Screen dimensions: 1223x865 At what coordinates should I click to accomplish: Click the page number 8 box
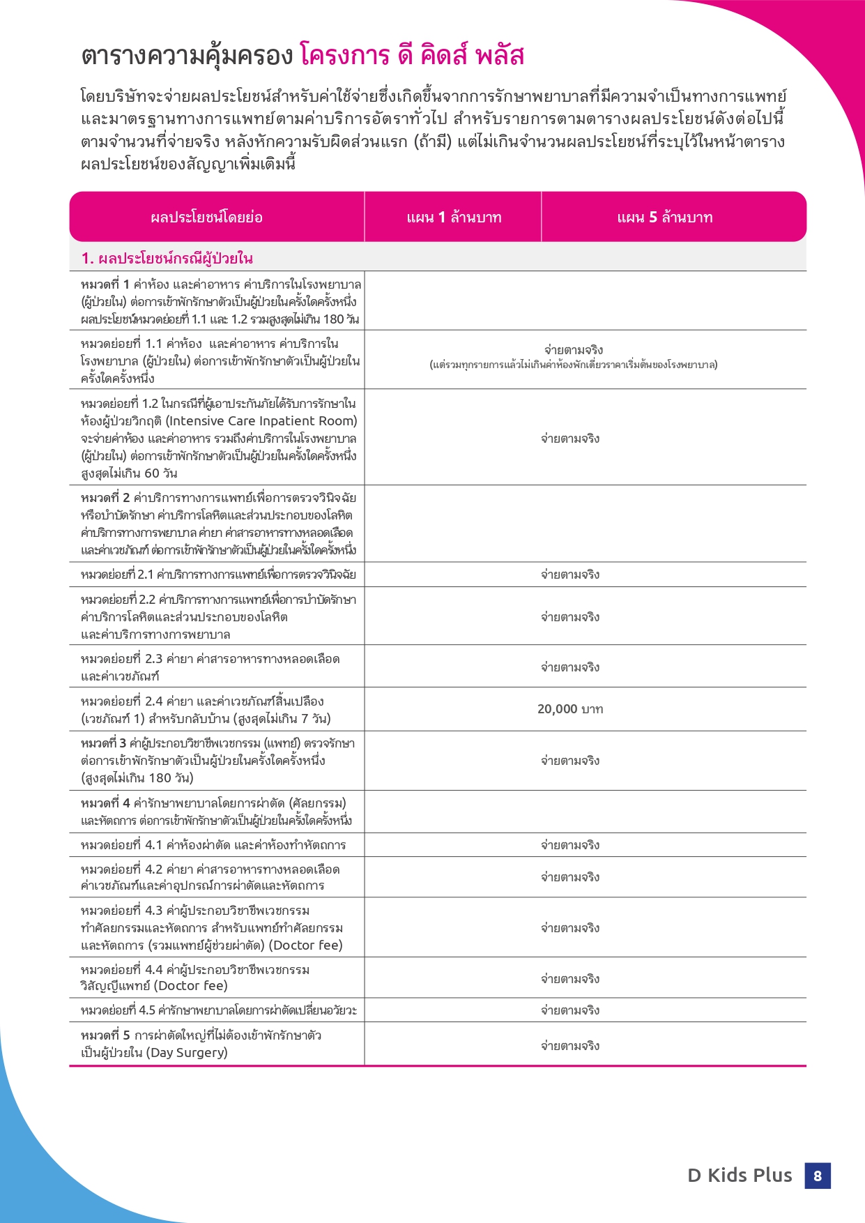(817, 1176)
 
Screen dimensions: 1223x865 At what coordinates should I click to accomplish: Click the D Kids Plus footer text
(740, 1176)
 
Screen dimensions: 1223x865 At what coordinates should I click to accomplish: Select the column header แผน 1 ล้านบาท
(454, 218)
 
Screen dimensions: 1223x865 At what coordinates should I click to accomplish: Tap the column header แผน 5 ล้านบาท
(665, 218)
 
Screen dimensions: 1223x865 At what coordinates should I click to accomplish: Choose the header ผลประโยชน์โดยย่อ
(206, 218)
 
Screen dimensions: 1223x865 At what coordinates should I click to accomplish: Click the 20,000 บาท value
(570, 709)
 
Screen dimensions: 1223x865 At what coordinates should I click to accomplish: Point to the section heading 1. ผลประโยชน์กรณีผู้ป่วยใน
(167, 259)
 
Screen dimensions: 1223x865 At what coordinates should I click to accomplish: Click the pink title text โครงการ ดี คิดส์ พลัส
(411, 56)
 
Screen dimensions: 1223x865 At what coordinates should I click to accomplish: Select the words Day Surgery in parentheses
(187, 1052)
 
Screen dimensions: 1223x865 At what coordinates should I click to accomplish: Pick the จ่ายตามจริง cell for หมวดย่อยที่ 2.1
(570, 575)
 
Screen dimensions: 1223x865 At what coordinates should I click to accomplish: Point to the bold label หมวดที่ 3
(103, 743)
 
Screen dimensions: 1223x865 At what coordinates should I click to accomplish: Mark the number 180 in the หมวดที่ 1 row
(333, 319)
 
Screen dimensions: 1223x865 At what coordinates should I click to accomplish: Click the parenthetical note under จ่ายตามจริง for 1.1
(573, 365)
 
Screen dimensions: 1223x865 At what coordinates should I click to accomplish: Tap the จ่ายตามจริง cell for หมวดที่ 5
(570, 1046)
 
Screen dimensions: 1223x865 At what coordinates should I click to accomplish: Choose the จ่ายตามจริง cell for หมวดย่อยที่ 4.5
(570, 1010)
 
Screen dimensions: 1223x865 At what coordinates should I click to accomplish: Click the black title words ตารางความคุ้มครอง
(187, 56)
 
